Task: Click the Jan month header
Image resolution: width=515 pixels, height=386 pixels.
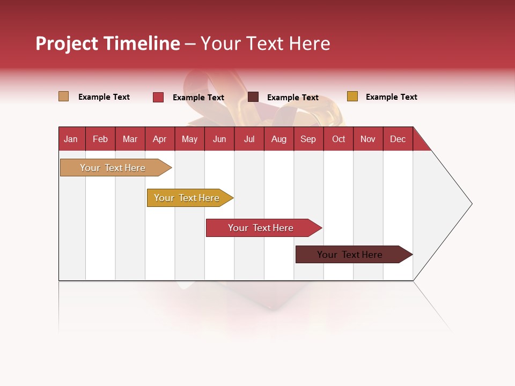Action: (71, 139)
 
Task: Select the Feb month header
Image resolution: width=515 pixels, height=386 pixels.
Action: (100, 139)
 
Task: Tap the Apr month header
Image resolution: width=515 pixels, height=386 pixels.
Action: (159, 139)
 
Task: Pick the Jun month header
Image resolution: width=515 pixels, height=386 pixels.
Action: (219, 139)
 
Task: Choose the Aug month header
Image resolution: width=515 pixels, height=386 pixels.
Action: (278, 139)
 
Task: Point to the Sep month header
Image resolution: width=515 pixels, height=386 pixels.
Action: (308, 139)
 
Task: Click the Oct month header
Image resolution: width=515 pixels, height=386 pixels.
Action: (339, 139)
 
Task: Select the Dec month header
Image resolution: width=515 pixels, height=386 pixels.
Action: (398, 139)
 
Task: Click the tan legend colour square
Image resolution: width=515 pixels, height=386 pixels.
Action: (63, 96)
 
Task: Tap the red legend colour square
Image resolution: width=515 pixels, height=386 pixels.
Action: (158, 97)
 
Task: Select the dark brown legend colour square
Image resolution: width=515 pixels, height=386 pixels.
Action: (253, 97)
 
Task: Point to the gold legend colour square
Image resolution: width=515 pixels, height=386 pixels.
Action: (352, 96)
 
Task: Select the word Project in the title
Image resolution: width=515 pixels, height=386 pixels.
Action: (67, 43)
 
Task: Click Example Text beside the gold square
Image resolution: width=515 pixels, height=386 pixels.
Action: (391, 97)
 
